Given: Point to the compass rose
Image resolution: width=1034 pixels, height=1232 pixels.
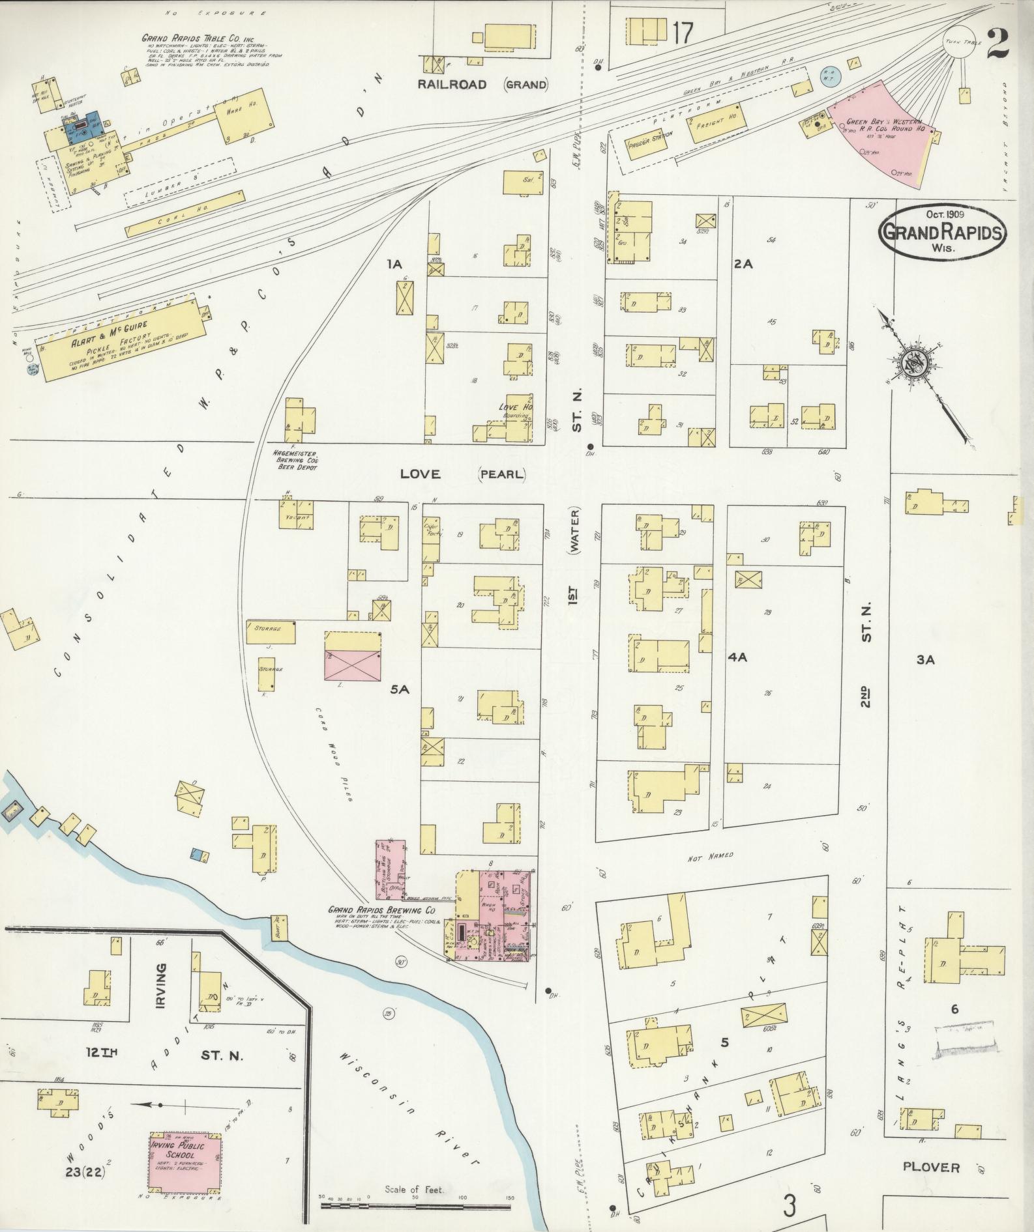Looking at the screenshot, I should (912, 364).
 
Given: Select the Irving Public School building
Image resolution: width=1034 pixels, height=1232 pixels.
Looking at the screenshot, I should (186, 1160).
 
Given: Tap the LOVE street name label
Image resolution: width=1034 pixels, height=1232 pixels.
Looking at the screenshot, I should (421, 474).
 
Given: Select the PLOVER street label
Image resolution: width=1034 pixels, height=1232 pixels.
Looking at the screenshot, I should (931, 1167).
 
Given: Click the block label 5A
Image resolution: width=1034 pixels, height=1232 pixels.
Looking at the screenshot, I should (399, 689).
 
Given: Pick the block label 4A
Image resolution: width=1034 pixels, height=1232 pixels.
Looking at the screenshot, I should (737, 657).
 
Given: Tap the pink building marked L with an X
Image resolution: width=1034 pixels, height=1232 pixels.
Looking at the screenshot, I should (353, 656).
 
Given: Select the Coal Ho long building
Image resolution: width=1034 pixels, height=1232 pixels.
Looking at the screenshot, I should (186, 213).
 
